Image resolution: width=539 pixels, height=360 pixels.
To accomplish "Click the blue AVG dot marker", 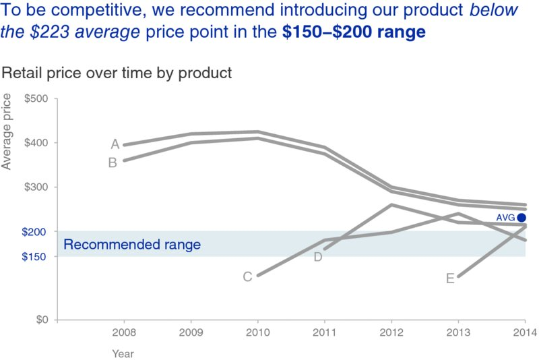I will click(x=521, y=217).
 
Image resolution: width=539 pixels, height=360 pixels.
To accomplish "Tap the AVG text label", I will click(x=505, y=218).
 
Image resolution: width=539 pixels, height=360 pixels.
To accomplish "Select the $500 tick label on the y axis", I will click(x=36, y=99).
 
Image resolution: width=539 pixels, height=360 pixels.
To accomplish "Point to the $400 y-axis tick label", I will click(x=36, y=143).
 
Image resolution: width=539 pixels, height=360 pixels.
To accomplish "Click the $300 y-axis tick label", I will click(x=36, y=187).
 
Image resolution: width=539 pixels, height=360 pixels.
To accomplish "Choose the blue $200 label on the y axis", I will click(x=36, y=232).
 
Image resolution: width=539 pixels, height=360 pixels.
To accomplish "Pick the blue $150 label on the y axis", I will click(x=36, y=257).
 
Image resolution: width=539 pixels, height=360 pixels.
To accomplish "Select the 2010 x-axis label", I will click(x=257, y=332).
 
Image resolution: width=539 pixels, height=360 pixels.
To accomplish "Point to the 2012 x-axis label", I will click(x=391, y=332).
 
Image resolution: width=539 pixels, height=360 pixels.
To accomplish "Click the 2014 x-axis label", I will click(x=525, y=332).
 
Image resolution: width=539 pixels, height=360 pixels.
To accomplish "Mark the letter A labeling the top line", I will click(x=115, y=144).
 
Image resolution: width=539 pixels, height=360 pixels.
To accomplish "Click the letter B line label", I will click(x=113, y=162).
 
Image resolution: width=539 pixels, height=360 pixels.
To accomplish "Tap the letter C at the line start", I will click(x=247, y=276).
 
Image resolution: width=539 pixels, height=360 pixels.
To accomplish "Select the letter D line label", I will click(x=318, y=257).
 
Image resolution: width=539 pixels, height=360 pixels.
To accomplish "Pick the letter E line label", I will click(x=450, y=278).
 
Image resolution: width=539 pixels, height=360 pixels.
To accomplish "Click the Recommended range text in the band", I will click(x=132, y=245).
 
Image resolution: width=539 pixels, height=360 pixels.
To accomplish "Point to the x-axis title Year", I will click(x=123, y=353).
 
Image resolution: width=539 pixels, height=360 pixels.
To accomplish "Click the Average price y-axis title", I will click(x=7, y=131).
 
